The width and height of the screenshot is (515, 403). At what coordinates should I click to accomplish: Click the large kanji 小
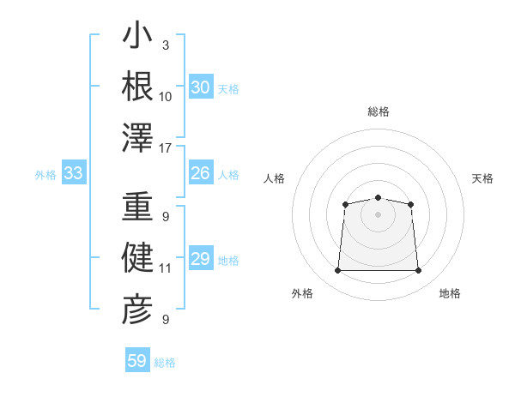pos(137,34)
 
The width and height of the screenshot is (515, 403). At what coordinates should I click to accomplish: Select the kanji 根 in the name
pos(137,86)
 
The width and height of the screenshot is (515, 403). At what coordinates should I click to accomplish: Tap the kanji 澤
pos(137,137)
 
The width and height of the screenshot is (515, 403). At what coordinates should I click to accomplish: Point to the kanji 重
pos(137,206)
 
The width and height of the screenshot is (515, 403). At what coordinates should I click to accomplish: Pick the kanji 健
pos(137,257)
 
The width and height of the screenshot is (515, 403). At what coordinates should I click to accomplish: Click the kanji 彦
pos(137,310)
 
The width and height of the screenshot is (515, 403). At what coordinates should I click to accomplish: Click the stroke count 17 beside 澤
pos(165,148)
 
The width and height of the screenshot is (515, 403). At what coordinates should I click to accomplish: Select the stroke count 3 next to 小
pos(166,45)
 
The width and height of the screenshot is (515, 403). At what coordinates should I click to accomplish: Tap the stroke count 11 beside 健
pos(165,268)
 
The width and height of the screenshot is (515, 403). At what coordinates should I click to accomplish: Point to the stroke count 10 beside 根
pos(165,97)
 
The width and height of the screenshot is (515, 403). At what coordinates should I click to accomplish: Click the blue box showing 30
pos(201,87)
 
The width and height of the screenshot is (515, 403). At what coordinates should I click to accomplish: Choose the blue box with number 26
pos(201,172)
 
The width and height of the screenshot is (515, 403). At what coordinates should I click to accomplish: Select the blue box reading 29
pos(201,257)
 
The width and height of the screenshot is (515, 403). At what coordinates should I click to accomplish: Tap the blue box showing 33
pos(74,172)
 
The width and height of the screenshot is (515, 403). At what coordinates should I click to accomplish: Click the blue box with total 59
pos(137,359)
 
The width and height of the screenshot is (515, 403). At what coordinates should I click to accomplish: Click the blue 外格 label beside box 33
pos(45,175)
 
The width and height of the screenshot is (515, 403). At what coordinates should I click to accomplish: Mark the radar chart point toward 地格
pos(418,270)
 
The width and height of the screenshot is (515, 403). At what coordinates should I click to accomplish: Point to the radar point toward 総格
pos(378,197)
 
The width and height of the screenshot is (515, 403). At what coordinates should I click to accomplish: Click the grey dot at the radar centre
pos(378,214)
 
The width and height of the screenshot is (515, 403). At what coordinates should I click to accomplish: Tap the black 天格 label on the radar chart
pos(482,178)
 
